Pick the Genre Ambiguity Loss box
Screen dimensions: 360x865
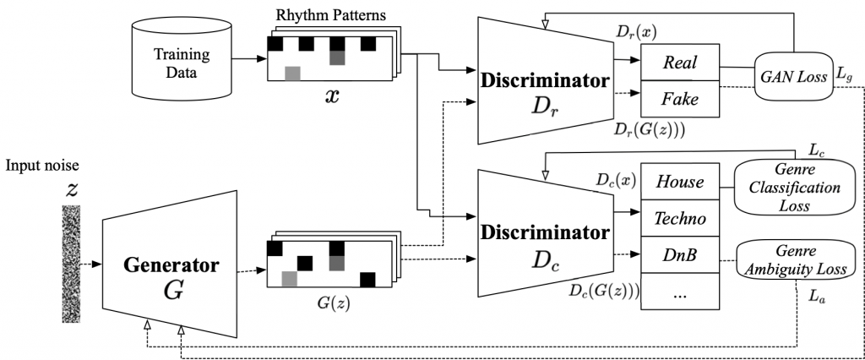click(x=792, y=259)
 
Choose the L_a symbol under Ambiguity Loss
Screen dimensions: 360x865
click(x=816, y=297)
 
